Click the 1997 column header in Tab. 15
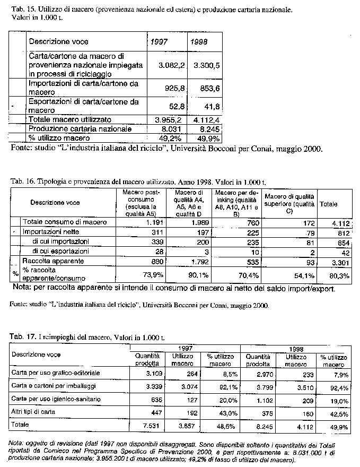160,41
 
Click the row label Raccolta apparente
49,261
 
